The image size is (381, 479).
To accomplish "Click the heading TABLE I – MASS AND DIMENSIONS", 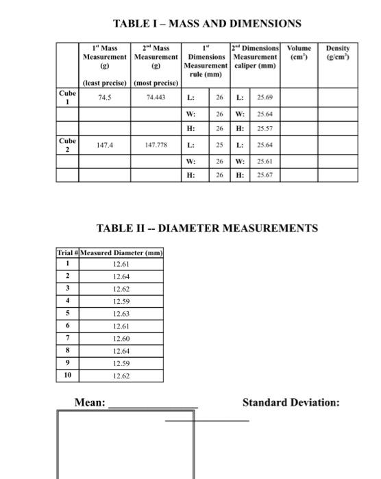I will [207, 24].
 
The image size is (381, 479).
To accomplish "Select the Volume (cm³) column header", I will [299, 53].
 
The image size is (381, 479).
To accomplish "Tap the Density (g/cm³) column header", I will [338, 53].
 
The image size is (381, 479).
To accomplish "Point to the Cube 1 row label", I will [67, 96].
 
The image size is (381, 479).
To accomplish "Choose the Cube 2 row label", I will [67, 145].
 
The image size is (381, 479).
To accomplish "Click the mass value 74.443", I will [156, 97].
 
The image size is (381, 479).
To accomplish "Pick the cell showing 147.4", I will [106, 146].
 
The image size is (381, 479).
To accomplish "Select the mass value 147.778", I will [156, 146].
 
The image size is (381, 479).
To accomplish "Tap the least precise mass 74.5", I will [106, 97].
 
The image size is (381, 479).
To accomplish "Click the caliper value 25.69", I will [265, 97].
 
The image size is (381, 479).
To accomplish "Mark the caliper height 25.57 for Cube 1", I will [265, 129].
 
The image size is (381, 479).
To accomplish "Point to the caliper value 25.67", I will [265, 176].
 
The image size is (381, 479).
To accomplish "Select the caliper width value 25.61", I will [265, 161].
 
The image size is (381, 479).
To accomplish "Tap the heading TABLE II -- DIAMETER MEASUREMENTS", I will [207, 228].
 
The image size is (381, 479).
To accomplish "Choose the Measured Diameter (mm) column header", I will [121, 253].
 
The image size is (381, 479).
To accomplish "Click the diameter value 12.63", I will [121, 314].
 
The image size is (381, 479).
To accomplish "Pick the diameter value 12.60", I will [121, 339].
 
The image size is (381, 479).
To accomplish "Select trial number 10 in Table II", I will [67, 376].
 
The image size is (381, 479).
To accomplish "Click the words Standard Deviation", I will [291, 402].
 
